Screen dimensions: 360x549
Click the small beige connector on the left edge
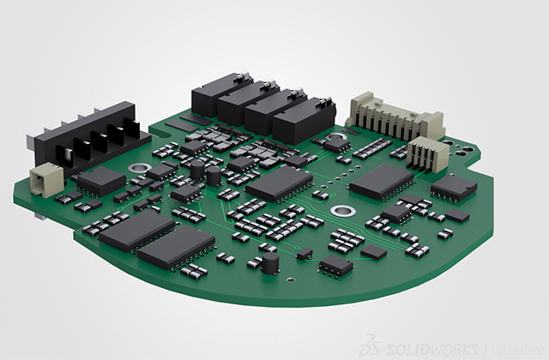point(42,179)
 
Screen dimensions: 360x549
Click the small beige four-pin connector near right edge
point(426,154)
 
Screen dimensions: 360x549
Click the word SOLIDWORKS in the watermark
point(429,344)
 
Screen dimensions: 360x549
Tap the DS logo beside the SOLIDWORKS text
point(371,343)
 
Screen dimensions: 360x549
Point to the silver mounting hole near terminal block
point(136,167)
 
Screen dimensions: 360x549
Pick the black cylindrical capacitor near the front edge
point(270,262)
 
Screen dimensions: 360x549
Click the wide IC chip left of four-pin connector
point(382,181)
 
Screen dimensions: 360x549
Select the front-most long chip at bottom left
point(177,248)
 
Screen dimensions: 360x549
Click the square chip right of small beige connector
point(101,181)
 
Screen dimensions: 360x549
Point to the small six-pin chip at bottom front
point(335,266)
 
